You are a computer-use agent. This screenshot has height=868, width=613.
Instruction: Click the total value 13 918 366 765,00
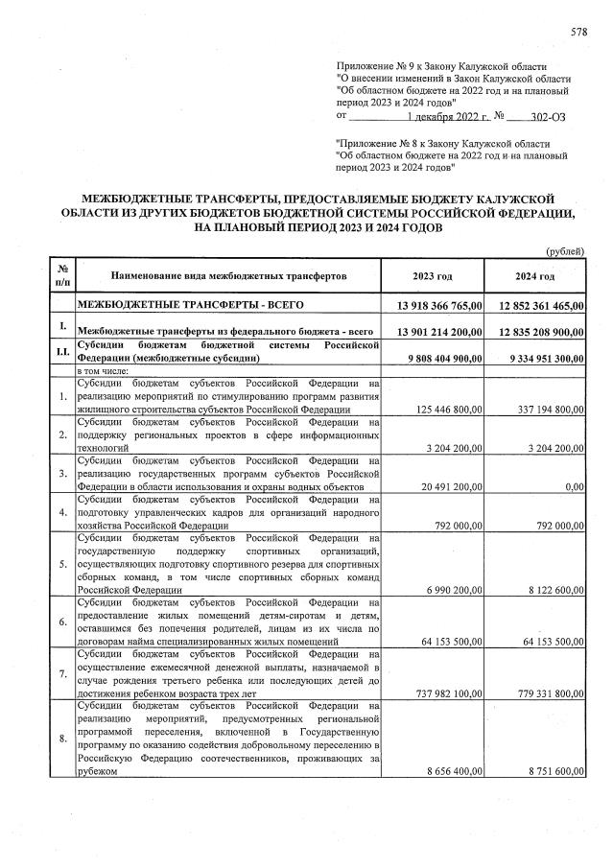point(434,306)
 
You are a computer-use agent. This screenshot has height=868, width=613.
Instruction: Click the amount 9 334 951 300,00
point(542,359)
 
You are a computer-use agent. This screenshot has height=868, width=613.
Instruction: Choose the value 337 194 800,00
point(547,410)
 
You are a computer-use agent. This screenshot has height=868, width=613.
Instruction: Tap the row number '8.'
point(62,739)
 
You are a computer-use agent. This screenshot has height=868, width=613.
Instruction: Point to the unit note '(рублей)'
point(565,251)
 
